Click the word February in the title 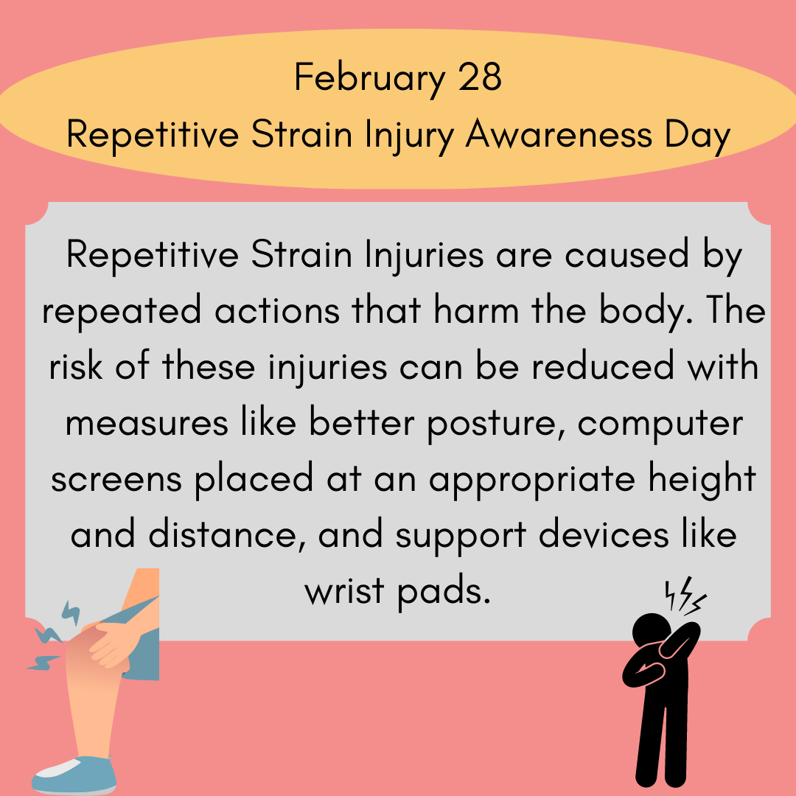(x=369, y=78)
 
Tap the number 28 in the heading (x=480, y=77)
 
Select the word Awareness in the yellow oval (x=559, y=135)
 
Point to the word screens (x=116, y=480)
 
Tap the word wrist (x=344, y=590)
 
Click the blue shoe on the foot (x=74, y=775)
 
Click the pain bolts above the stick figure (x=685, y=596)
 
